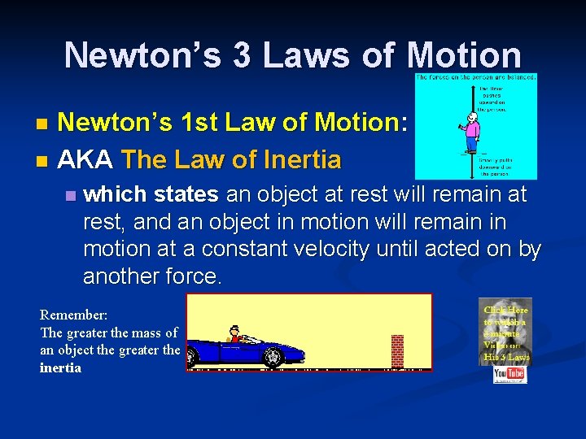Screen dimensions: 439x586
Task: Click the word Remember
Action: [73, 315]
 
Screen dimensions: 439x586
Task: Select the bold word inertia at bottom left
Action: [61, 367]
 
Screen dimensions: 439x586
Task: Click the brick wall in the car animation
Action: [397, 351]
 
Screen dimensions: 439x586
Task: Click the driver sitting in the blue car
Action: [236, 336]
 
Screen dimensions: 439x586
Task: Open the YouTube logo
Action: [509, 373]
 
